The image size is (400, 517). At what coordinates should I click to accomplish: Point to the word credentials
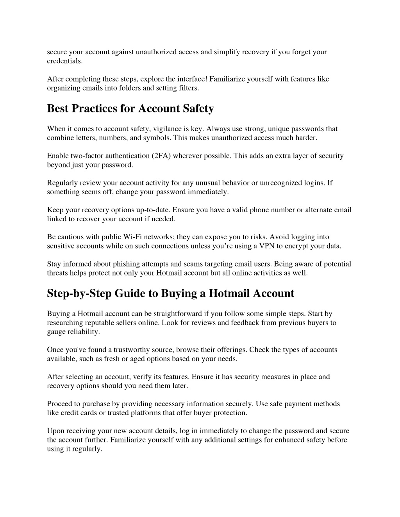click(x=64, y=61)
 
